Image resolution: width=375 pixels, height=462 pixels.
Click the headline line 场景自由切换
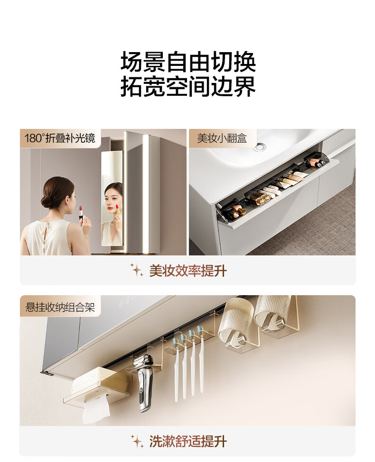pyautogui.click(x=188, y=62)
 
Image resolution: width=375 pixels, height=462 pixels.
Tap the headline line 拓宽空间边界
pyautogui.click(x=188, y=86)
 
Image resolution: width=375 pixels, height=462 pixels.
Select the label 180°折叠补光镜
pyautogui.click(x=60, y=138)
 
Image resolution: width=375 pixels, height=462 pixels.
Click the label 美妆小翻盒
pyautogui.click(x=222, y=138)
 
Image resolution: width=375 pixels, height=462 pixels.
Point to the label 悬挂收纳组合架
pyautogui.click(x=60, y=308)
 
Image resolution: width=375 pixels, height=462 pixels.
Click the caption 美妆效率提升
pyautogui.click(x=188, y=271)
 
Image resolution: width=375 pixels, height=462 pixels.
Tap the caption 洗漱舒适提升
pyautogui.click(x=188, y=441)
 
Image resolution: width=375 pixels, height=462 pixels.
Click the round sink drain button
pyautogui.click(x=260, y=146)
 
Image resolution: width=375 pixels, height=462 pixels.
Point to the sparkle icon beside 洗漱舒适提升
pyautogui.click(x=137, y=441)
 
